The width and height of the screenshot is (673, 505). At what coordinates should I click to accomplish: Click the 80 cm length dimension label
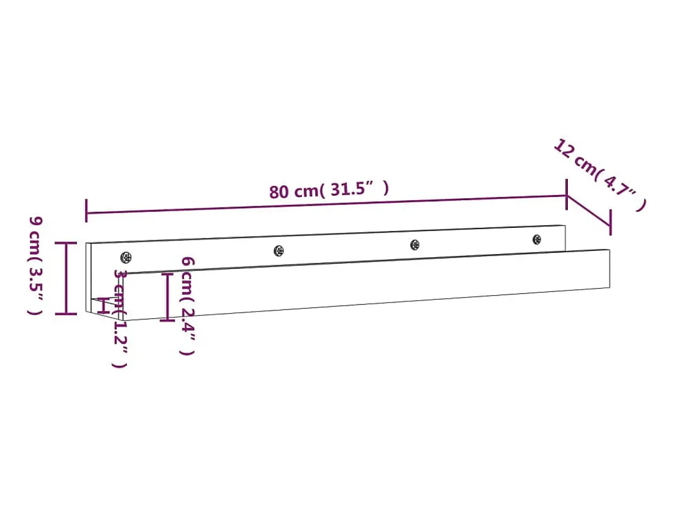(329, 190)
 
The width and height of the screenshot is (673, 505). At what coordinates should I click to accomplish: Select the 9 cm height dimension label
(35, 266)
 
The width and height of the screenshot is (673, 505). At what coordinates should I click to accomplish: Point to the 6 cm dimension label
(187, 306)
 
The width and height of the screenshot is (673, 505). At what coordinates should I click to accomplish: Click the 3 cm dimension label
(119, 319)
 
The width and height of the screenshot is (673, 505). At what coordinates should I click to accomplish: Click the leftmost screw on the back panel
(126, 257)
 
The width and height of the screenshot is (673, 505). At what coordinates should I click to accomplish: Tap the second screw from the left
(278, 251)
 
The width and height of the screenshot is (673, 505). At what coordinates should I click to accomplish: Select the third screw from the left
(414, 245)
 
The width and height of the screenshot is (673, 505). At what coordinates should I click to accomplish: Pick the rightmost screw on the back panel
(537, 239)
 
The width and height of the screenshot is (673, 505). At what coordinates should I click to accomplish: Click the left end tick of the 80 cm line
(87, 210)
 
